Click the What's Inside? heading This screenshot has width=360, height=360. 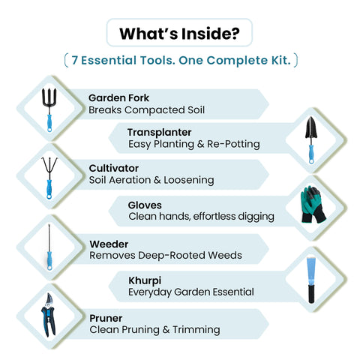coord(179,34)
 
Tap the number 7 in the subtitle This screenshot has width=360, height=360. coord(74,60)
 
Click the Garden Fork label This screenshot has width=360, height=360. coord(118,97)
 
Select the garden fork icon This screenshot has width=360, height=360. coord(49,109)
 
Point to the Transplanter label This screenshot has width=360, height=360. coord(159,132)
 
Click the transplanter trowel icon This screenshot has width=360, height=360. coord(311,140)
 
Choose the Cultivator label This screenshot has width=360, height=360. coord(114,168)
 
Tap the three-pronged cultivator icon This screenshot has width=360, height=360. coord(49,178)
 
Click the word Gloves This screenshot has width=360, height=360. coord(145,205)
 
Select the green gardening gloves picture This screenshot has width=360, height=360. coord(313,204)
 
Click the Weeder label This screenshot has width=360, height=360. coord(109,244)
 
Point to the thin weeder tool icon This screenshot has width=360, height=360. coord(49,247)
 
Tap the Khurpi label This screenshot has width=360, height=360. coord(145,281)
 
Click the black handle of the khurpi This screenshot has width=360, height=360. coord(311,294)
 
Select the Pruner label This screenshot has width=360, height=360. coord(106,319)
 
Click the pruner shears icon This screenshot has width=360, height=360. coord(49,315)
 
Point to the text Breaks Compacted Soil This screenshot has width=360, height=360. coord(146,110)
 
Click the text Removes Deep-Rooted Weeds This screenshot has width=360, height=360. coord(166,255)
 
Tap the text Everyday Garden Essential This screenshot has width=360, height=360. coord(191,292)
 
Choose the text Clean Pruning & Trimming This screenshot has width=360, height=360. coord(154,330)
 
